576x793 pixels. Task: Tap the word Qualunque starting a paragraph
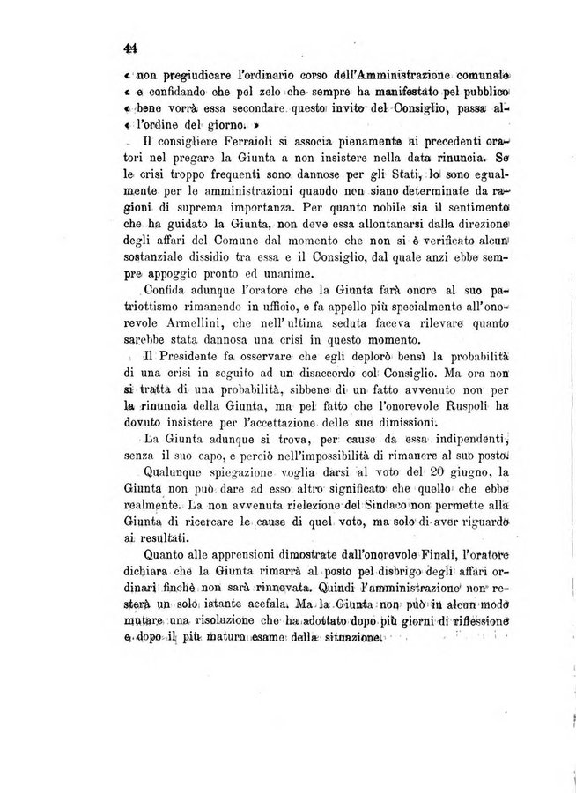click(x=173, y=477)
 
